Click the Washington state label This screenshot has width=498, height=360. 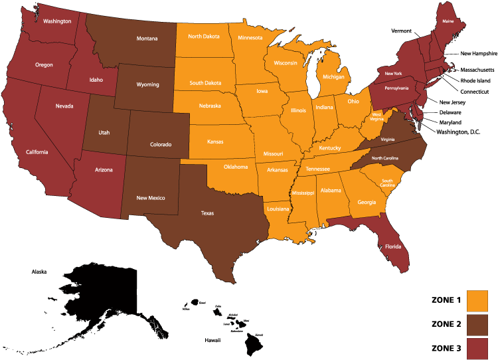(x=57, y=21)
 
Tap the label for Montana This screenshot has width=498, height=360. (x=147, y=39)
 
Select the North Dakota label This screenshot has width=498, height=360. (x=205, y=37)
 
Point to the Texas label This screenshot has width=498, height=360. (x=208, y=213)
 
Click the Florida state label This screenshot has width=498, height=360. (x=393, y=246)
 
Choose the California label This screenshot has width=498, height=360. (x=37, y=152)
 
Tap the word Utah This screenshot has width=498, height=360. (x=104, y=132)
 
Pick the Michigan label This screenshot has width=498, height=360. (x=334, y=77)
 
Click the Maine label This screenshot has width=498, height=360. (x=448, y=22)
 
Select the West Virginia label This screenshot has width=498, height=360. (x=376, y=116)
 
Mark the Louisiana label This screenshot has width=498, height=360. (x=278, y=209)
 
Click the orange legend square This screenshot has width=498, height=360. (x=477, y=300)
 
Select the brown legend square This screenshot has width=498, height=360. (x=477, y=325)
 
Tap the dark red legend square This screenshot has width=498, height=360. (x=477, y=348)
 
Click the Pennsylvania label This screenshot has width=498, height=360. (x=396, y=88)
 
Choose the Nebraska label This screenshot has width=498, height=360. (x=210, y=106)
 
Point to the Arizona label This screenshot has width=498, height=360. (x=104, y=170)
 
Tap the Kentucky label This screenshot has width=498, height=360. (x=330, y=147)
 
